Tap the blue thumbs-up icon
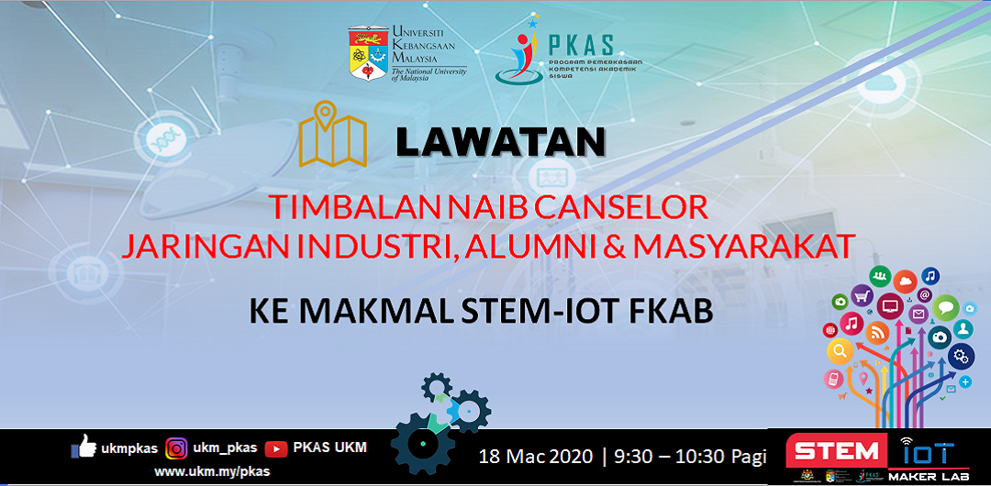click(x=84, y=447)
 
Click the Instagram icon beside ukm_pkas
click(x=176, y=448)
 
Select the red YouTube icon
click(x=275, y=448)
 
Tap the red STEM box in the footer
click(x=836, y=452)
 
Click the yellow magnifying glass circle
click(x=839, y=350)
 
